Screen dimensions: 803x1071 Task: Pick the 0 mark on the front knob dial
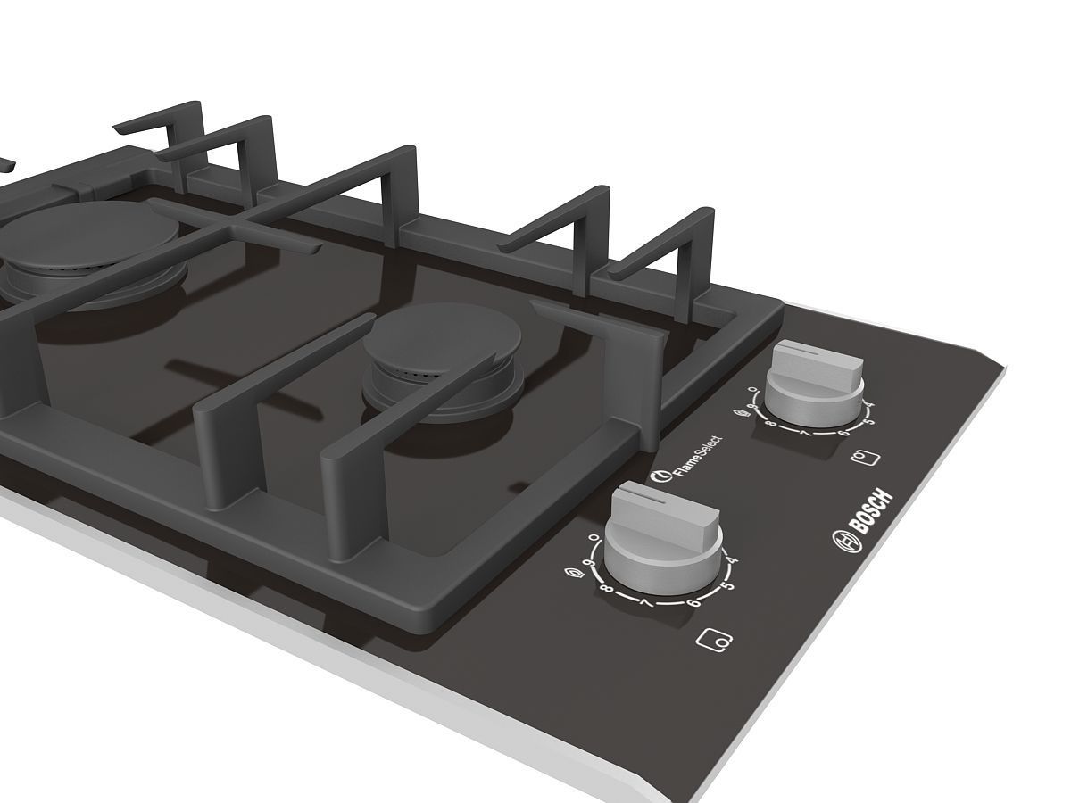[594, 538]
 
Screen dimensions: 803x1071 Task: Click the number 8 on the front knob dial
[606, 590]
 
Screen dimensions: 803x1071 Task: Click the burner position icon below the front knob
[716, 639]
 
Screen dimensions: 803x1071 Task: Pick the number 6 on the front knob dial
[693, 604]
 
